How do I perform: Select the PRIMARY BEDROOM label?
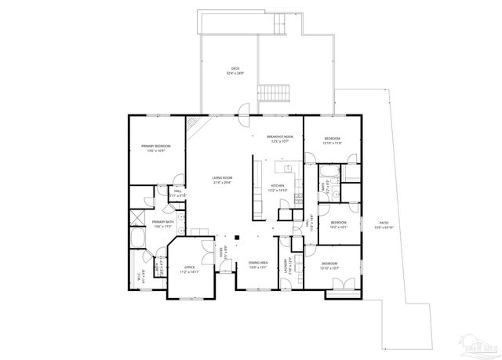tap(157, 146)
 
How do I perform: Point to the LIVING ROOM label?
tap(222, 178)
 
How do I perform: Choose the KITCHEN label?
tap(278, 186)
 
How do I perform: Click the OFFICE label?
tap(190, 267)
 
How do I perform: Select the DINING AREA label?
tap(259, 263)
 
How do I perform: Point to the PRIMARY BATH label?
tap(164, 223)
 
